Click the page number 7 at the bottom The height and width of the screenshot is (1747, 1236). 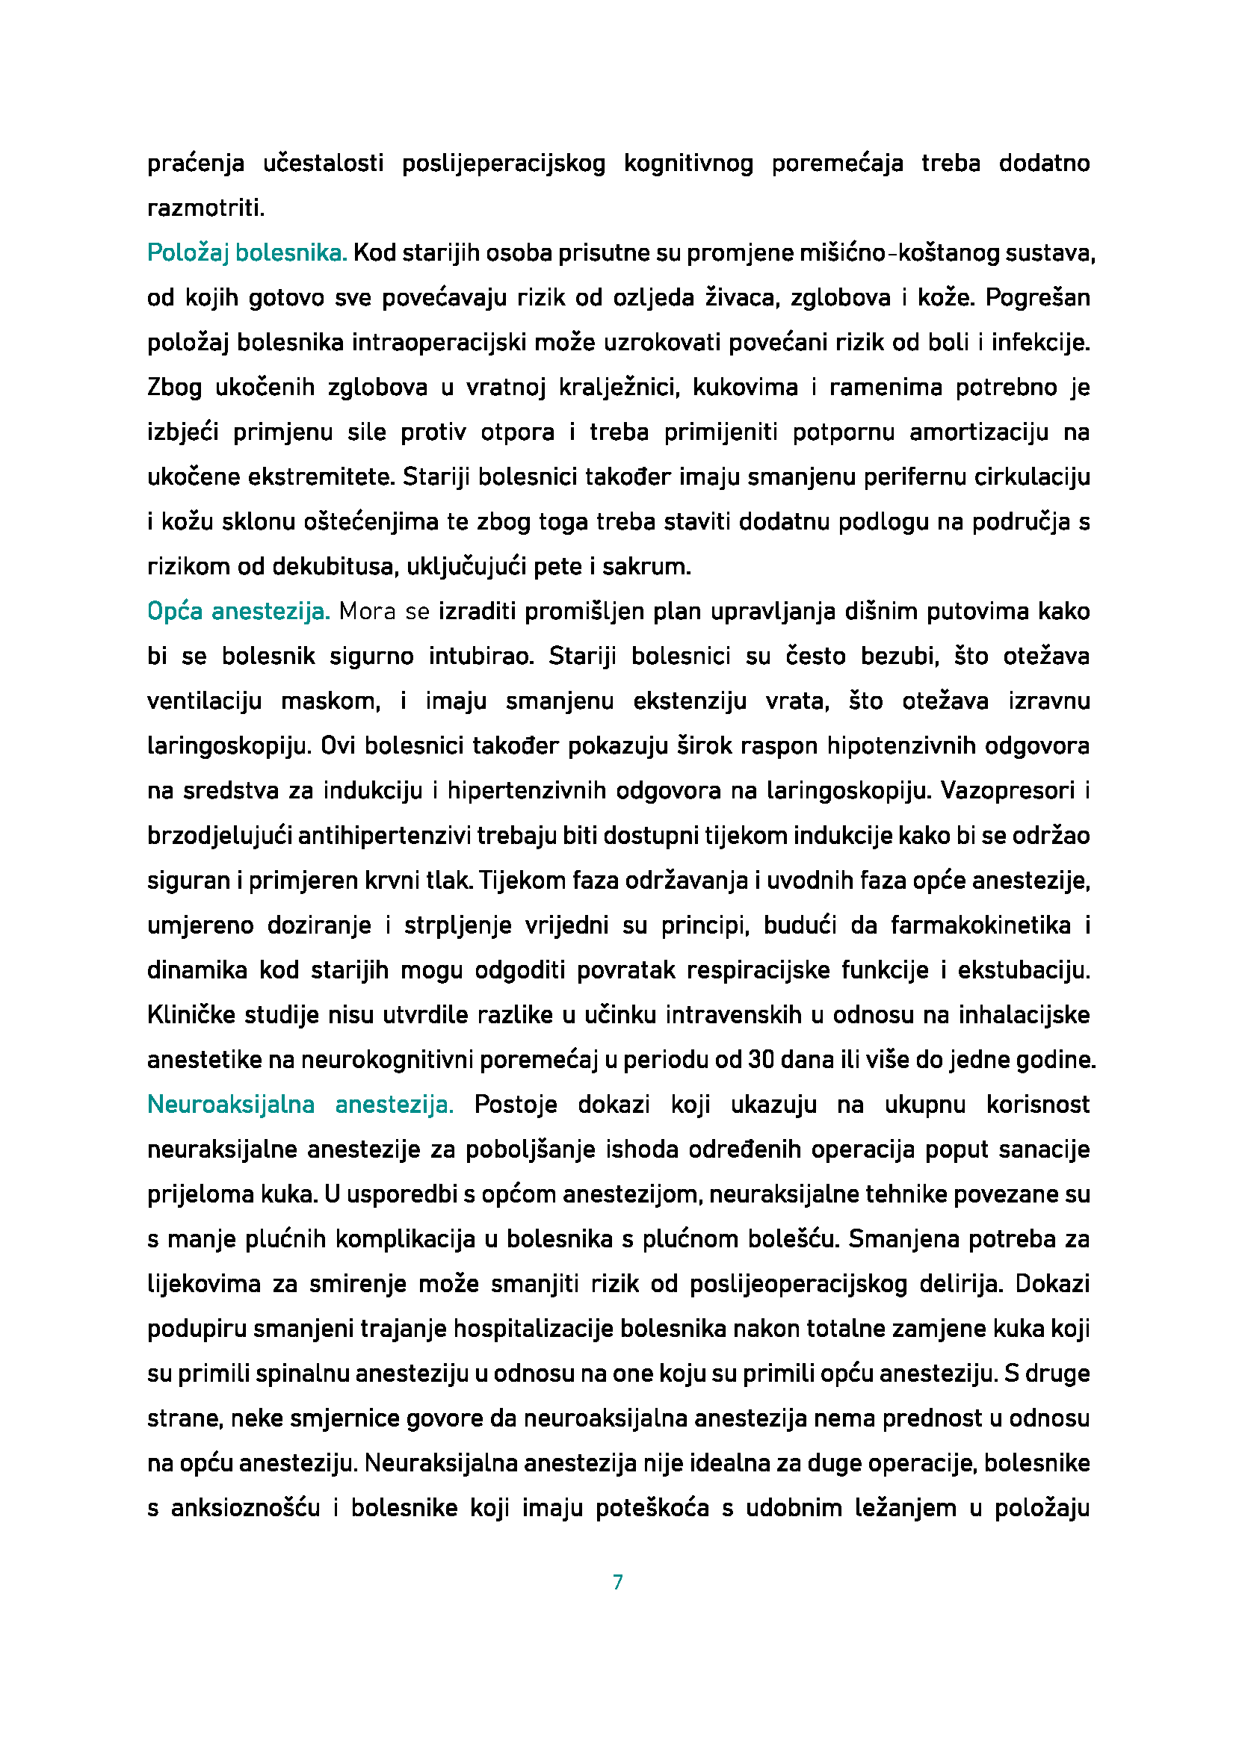pyautogui.click(x=617, y=1583)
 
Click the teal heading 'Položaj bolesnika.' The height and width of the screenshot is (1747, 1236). pyautogui.click(x=247, y=252)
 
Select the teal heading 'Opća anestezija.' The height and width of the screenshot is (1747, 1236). pyautogui.click(x=238, y=611)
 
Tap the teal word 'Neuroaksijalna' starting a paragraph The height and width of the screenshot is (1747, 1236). pyautogui.click(x=231, y=1104)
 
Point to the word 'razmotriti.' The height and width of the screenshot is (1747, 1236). pyautogui.click(x=206, y=208)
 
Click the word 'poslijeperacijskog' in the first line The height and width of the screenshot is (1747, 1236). pyautogui.click(x=503, y=164)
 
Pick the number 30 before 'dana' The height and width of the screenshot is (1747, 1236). pyautogui.click(x=760, y=1060)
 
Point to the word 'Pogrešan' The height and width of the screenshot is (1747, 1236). pyautogui.click(x=1037, y=297)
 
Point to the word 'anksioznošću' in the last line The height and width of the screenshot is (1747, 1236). pyautogui.click(x=245, y=1508)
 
